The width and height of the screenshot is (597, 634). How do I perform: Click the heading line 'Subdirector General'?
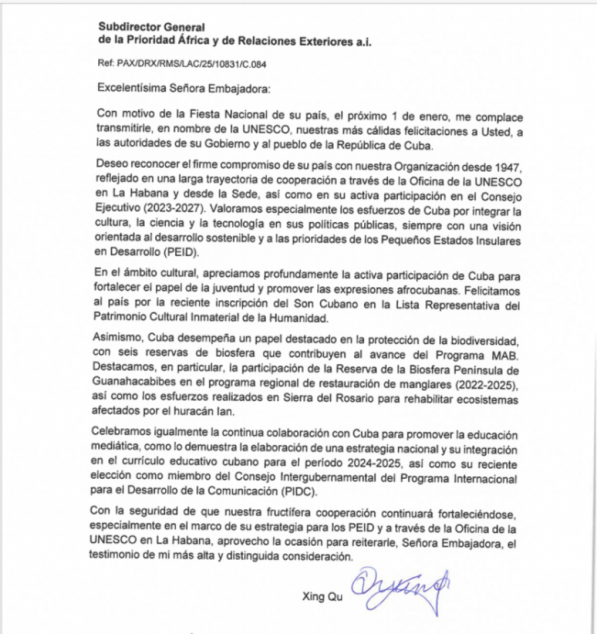[151, 27]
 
